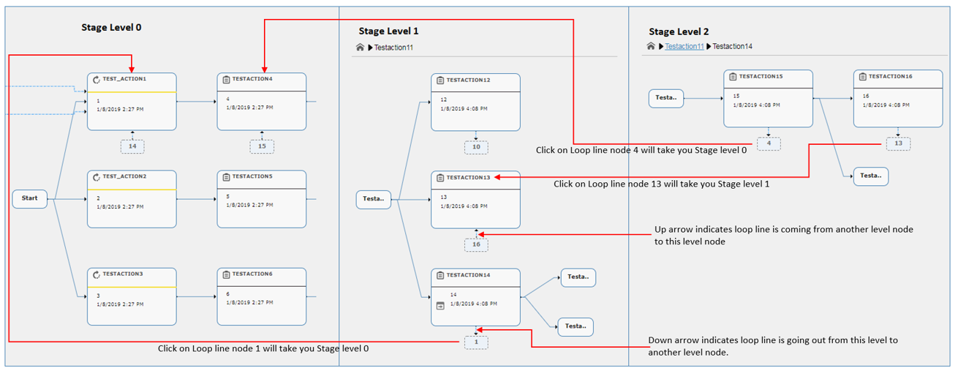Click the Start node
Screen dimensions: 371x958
29,198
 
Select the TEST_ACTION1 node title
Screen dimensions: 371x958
124,79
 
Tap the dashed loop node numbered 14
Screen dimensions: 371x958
132,146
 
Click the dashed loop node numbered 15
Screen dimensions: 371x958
262,146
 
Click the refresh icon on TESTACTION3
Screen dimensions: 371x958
96,274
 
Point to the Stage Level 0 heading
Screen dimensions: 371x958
111,28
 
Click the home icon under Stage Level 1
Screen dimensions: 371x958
360,48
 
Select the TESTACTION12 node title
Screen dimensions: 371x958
468,80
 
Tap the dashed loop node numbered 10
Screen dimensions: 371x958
476,147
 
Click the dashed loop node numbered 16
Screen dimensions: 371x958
476,244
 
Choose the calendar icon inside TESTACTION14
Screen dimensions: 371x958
440,306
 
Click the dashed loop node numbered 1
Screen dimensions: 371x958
476,342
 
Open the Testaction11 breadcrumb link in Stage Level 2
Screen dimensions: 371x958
684,46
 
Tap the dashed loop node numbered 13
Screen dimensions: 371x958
898,143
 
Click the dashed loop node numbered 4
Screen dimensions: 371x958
769,143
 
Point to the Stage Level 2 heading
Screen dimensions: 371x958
679,32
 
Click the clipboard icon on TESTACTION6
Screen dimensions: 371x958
226,274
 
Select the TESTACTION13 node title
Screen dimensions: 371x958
468,178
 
